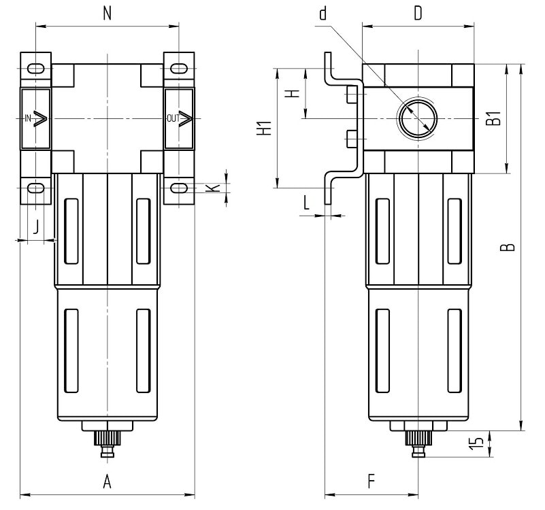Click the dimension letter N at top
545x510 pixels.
(x=107, y=13)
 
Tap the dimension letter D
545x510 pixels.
(x=418, y=14)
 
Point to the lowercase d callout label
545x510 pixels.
(x=323, y=14)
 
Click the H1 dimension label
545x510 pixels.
(x=267, y=127)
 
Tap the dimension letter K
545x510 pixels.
(x=216, y=187)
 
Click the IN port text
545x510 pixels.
(x=28, y=118)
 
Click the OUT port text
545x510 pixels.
(x=173, y=118)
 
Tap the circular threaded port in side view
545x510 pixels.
(x=416, y=118)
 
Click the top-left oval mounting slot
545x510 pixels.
(x=37, y=69)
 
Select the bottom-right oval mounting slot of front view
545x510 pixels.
(x=178, y=188)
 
